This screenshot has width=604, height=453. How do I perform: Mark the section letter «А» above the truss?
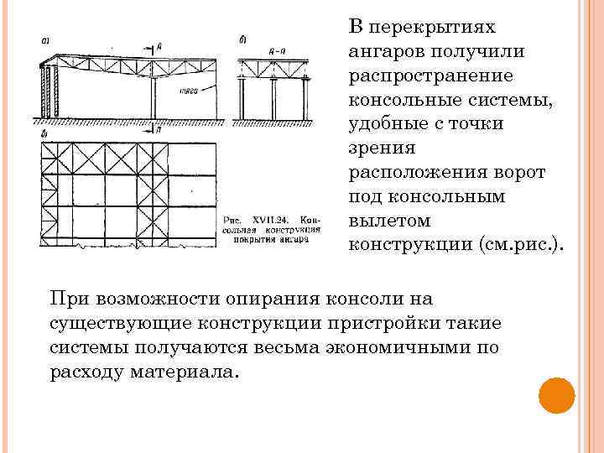point(159,48)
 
